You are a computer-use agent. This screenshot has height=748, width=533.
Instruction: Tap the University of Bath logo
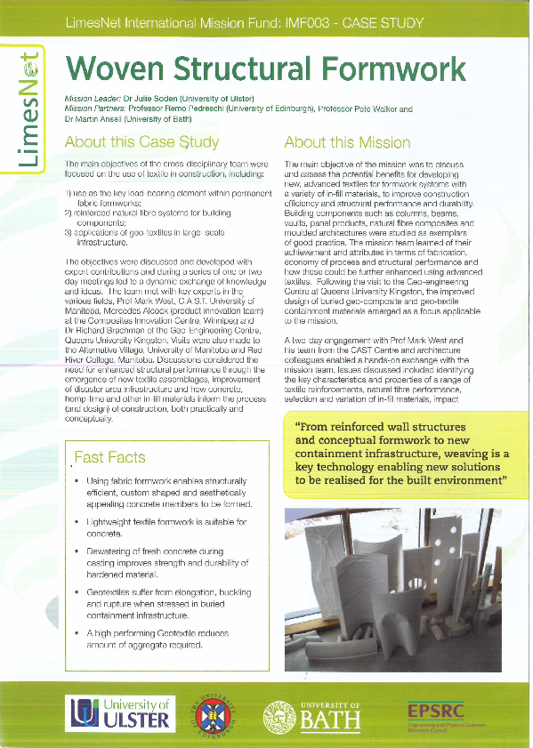tap(313, 714)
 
